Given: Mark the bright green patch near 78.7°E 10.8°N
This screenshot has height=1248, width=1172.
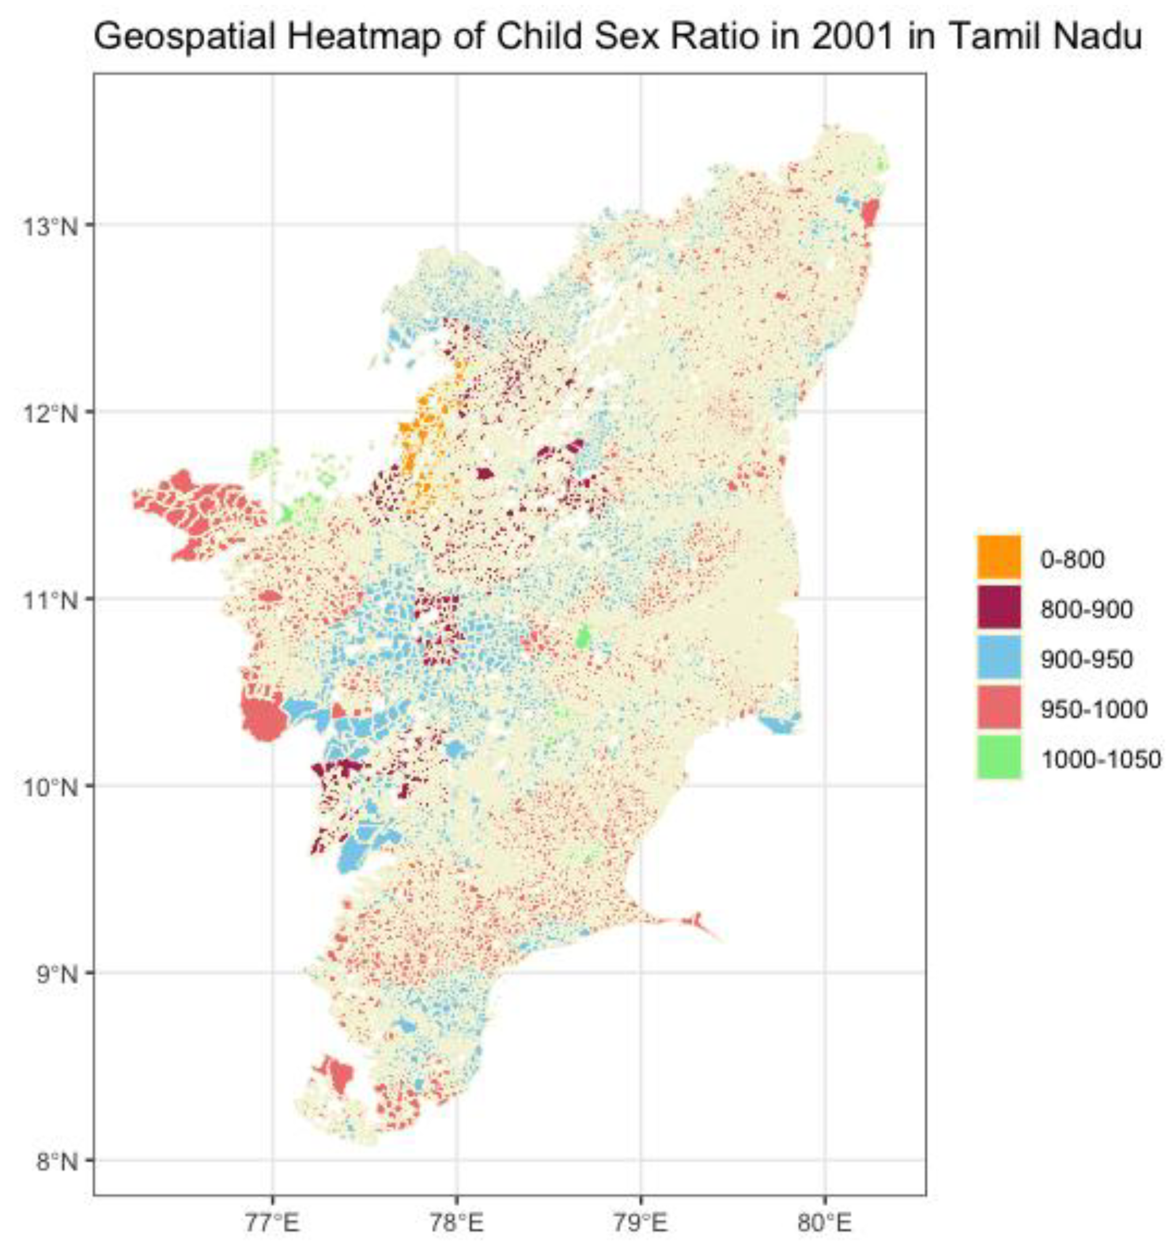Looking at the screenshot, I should [x=582, y=639].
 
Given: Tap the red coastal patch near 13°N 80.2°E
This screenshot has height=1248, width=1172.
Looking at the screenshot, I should [x=869, y=213].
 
